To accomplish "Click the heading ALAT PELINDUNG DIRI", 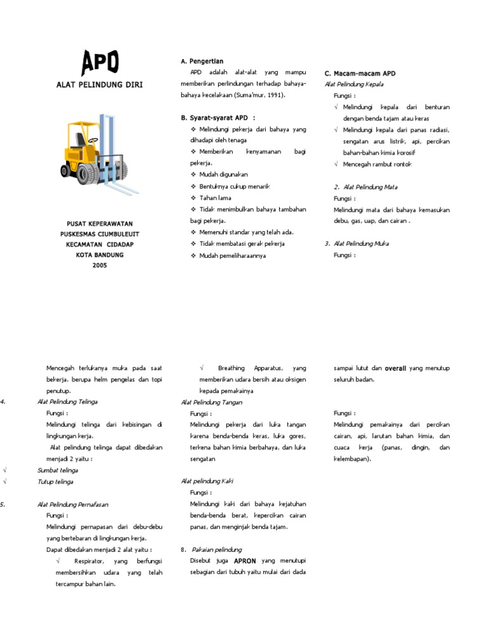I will [100, 84].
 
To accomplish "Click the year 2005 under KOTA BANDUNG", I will [100, 265].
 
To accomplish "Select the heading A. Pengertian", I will [202, 61].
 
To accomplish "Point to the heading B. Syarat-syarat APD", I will [218, 118].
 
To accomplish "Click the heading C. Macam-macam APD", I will [360, 74].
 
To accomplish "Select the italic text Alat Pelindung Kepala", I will [354, 84].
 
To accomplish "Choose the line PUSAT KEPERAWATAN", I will [100, 224].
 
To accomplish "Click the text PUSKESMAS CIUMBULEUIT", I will [100, 234].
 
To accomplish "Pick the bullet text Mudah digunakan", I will [223, 174].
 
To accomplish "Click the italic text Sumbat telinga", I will [55, 470].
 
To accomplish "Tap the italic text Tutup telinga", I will [55, 482].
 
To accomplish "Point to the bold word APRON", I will [245, 561].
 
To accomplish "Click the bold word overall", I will [396, 368].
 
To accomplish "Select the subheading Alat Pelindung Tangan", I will [212, 402].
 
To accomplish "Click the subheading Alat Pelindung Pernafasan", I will [73, 504].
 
